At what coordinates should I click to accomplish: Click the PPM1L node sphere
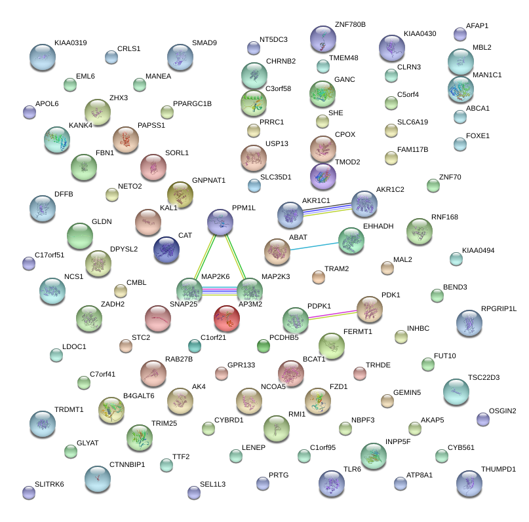pos(220,223)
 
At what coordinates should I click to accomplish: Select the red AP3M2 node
pos(227,318)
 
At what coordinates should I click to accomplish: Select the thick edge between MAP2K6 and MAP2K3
pos(219,289)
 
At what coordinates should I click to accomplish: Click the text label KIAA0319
pos(70,43)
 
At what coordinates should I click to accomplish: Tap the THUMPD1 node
pos(469,483)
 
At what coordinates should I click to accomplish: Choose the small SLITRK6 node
pos(28,493)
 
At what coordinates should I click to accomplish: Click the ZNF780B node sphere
pos(323,39)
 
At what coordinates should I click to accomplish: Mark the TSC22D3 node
pos(456,392)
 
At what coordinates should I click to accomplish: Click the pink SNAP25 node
pos(157,319)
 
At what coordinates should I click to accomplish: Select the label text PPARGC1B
pos(192,103)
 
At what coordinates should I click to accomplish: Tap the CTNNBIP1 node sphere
pos(97,479)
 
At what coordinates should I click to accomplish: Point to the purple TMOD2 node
pos(323,176)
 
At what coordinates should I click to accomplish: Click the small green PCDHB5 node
pos(263,345)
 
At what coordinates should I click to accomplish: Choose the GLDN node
pos(80,236)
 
